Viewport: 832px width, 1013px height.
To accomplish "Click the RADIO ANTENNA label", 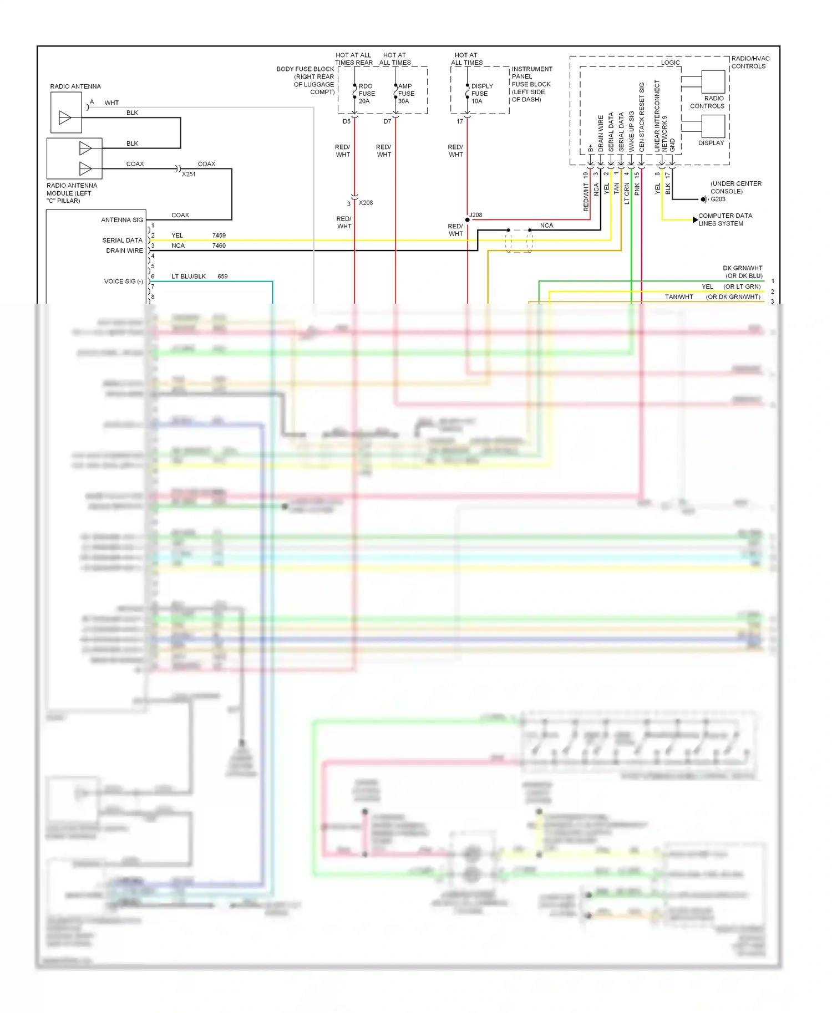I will [75, 86].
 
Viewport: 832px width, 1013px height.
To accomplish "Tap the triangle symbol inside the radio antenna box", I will [65, 117].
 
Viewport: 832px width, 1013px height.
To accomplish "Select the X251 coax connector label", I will [189, 174].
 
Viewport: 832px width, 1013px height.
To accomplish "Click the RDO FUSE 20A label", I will [367, 94].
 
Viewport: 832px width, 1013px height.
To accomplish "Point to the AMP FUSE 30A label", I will [406, 94].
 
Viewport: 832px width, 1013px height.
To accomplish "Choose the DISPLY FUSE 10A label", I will [481, 94].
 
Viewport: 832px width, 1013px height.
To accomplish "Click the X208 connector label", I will [366, 203].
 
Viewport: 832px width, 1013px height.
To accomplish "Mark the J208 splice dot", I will [468, 220].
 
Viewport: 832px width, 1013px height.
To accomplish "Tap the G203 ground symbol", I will [704, 199].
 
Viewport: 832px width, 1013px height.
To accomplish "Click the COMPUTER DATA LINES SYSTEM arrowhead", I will [696, 220].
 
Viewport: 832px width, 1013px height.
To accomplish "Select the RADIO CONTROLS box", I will [713, 82].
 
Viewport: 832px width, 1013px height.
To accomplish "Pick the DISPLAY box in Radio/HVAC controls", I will [713, 126].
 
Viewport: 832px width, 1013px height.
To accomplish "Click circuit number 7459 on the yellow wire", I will [219, 236].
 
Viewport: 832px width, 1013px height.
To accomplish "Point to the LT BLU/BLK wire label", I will [189, 277].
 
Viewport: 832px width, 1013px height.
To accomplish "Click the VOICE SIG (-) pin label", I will [123, 282].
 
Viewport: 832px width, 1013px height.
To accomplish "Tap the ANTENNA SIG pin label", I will [122, 220].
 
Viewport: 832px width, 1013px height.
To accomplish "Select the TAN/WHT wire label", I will [679, 297].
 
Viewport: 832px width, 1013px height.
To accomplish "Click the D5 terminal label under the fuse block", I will [347, 121].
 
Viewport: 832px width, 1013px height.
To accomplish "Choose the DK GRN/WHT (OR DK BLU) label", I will [743, 272].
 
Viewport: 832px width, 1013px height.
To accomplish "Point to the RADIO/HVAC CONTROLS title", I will [750, 62].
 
